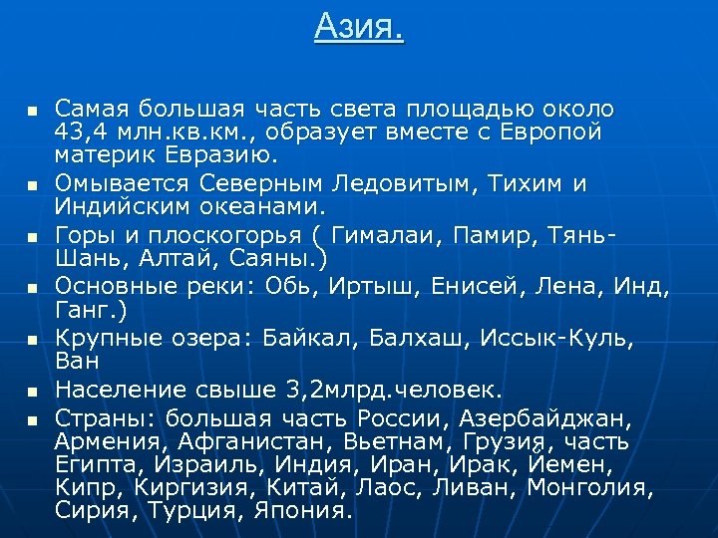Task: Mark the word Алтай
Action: point(171,259)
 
